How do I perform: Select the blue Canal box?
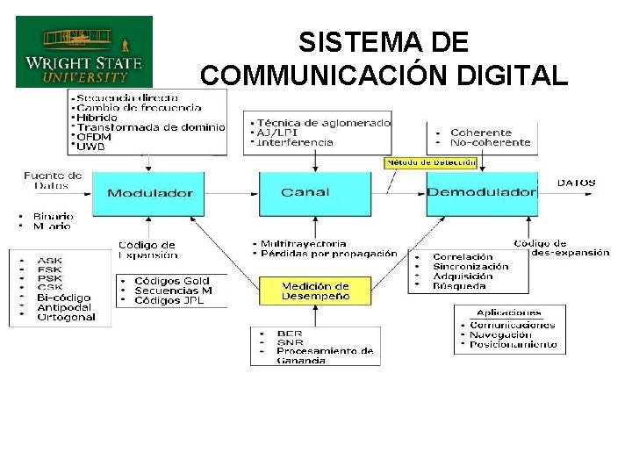pos(304,193)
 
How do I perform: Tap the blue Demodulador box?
pos(481,193)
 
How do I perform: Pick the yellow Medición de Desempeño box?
pos(315,291)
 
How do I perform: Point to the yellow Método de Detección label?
pos(431,162)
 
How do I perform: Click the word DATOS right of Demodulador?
pos(577,183)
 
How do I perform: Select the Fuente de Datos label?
pos(53,180)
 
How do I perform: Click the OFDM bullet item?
pos(94,137)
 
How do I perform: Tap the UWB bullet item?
pos(90,147)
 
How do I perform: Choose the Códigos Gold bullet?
pos(172,281)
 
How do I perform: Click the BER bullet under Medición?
pos(289,334)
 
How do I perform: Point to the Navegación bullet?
pos(500,334)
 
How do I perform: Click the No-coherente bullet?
pos(491,142)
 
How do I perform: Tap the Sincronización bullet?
pos(471,266)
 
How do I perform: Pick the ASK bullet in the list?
pos(50,260)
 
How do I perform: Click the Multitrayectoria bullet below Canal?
pos(303,243)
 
